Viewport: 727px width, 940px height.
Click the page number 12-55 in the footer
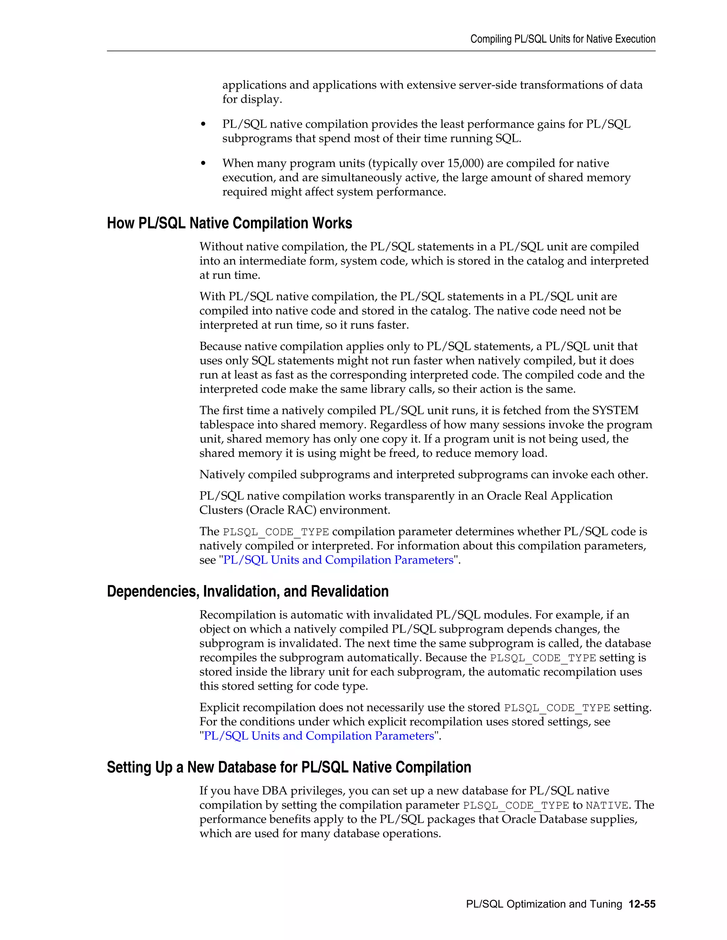coord(642,904)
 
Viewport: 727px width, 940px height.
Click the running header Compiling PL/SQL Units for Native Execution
coord(563,39)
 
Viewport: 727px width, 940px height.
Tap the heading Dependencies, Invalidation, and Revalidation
coord(248,591)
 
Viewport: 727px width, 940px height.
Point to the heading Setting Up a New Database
coord(289,767)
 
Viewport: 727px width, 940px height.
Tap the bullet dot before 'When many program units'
coord(203,164)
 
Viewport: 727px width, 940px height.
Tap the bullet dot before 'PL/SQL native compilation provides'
coord(203,125)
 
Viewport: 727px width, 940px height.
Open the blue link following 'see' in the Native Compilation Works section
coord(338,560)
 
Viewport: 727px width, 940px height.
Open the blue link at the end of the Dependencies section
coord(319,736)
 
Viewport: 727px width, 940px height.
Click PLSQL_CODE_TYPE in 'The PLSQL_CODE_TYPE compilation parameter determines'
coord(275,532)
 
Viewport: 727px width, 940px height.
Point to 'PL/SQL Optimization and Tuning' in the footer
coord(543,904)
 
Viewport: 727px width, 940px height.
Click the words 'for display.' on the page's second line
coord(252,99)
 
